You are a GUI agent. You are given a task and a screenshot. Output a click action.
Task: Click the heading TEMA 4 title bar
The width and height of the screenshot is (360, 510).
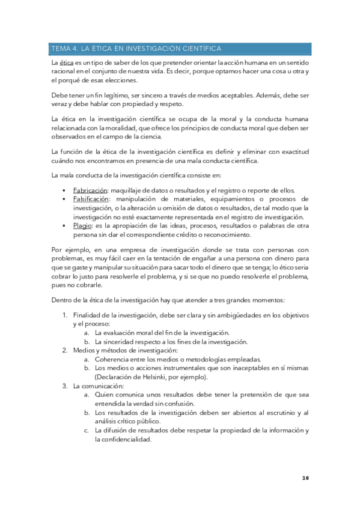180,49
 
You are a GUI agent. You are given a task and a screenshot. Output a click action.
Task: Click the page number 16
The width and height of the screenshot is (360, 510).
305,478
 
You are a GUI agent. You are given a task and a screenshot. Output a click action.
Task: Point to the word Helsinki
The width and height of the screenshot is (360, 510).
152,377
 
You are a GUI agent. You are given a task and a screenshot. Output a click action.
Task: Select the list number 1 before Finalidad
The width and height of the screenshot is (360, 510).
66,315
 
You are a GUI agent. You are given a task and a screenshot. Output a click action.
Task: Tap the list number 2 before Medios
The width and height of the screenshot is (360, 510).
66,351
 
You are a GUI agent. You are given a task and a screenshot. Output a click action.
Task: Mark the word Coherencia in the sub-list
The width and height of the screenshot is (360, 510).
114,359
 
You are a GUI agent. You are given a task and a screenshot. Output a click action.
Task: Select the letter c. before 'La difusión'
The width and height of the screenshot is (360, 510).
87,430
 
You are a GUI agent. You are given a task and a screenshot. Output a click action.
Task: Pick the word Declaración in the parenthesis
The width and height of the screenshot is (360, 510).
116,377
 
